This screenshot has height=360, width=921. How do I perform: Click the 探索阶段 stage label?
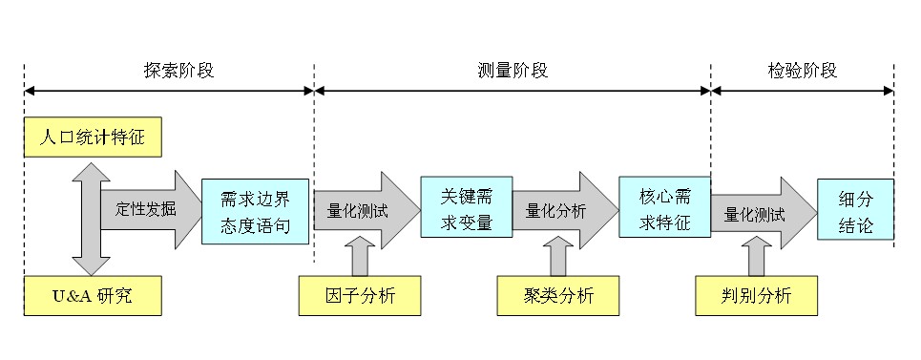tap(179, 71)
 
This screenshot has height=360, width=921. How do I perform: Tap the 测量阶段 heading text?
tap(513, 71)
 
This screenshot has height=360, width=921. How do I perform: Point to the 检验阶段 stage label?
tap(802, 71)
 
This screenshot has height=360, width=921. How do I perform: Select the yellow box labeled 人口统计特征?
tap(93, 138)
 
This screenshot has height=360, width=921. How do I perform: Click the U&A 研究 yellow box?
tap(93, 295)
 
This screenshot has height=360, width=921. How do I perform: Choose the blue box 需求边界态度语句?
tap(256, 211)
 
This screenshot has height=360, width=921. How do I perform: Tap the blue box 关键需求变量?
tap(467, 207)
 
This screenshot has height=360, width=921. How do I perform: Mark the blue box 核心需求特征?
tap(665, 207)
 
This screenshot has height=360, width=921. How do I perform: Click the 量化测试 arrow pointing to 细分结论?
tap(764, 214)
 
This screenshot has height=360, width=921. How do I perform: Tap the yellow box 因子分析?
tap(360, 295)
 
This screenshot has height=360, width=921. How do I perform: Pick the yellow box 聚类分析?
tap(558, 295)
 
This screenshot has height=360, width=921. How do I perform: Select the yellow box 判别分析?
tap(757, 295)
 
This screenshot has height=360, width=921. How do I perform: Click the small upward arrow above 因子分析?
tap(360, 256)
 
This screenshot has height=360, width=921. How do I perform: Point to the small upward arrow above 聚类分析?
tap(558, 256)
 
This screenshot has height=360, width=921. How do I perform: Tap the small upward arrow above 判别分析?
tap(757, 256)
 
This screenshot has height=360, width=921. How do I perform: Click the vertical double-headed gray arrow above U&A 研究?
tap(91, 219)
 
